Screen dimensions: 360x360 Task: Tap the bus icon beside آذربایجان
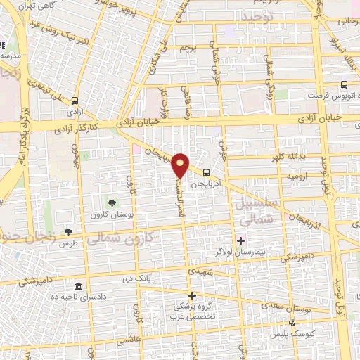(x=206, y=172)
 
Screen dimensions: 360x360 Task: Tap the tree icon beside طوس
(x=68, y=231)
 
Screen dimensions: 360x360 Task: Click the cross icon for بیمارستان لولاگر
(x=241, y=241)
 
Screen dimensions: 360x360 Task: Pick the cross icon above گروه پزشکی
(x=192, y=295)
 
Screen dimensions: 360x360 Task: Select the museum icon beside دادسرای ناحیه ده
(x=77, y=287)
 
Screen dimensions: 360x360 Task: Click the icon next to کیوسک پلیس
(x=292, y=323)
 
